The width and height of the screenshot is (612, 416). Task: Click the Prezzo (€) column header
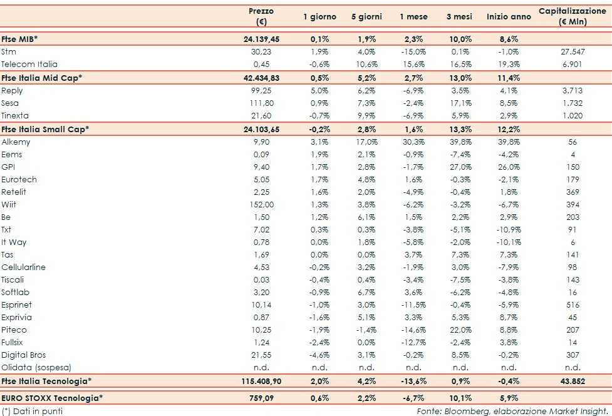pos(261,16)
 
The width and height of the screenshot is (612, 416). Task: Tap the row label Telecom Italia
pos(29,64)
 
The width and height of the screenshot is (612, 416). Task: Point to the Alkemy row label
pos(16,142)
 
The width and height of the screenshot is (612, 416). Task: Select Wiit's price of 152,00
pos(261,204)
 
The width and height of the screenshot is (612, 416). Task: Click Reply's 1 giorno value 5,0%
pos(319,90)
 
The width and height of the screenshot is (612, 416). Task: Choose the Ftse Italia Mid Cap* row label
pos(42,77)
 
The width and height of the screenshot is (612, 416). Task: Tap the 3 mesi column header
pos(459,16)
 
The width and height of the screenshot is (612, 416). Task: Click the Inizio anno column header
pos(509,16)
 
